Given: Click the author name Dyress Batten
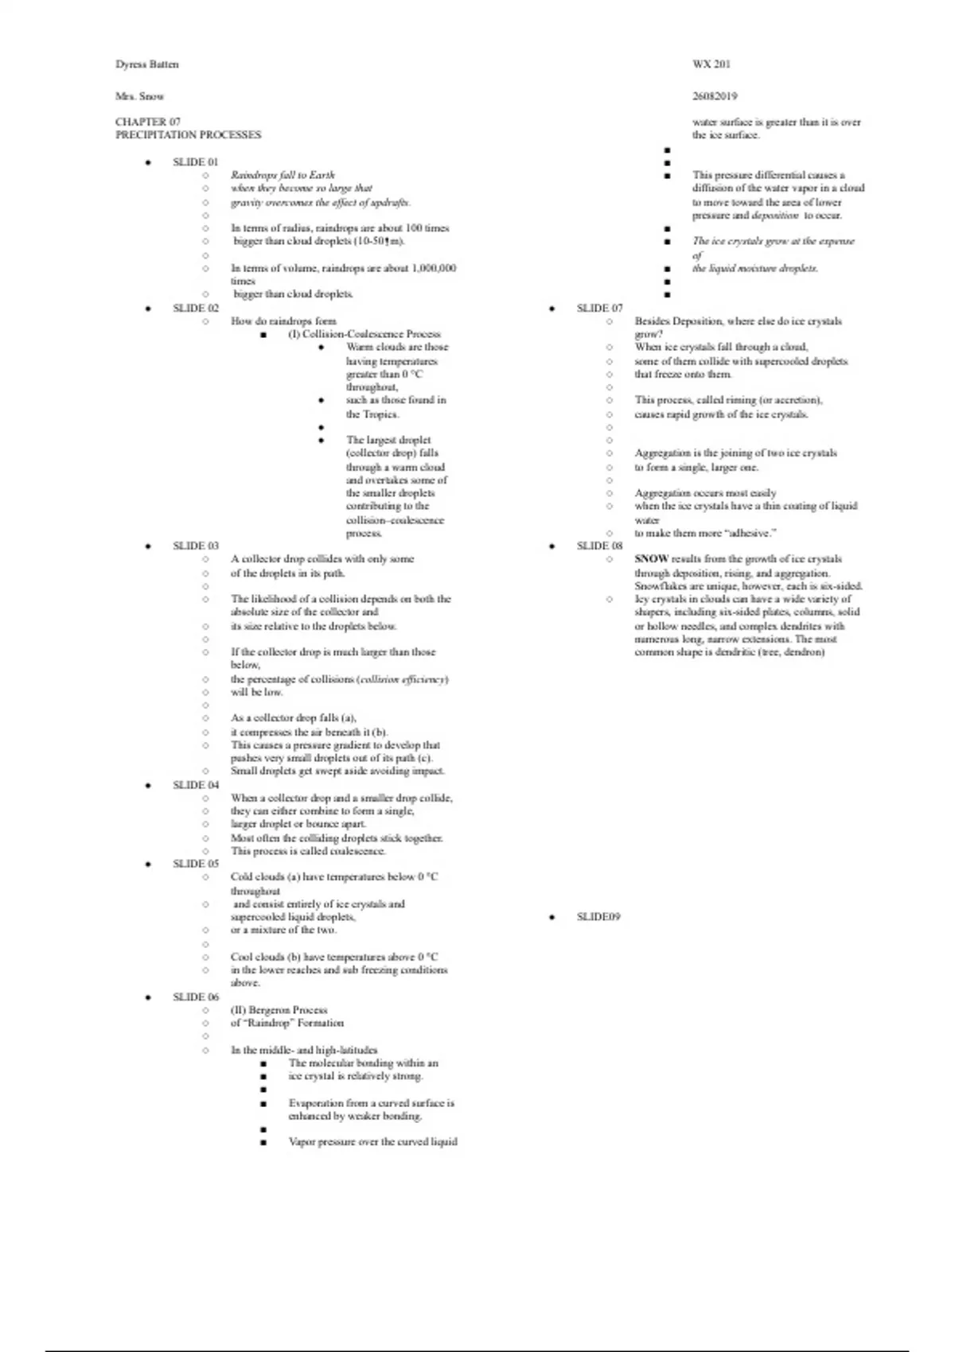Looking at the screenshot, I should pos(147,64).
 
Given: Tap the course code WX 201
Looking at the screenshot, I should pos(711,64).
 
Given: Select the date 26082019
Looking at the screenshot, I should pos(715,96).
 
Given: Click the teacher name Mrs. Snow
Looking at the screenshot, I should pos(139,96).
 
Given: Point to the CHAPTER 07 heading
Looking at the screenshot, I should pos(148,122).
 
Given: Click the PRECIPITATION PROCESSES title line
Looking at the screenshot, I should pos(188,135).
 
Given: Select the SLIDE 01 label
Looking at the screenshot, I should pos(195,162).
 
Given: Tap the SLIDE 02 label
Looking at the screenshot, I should pos(195,309).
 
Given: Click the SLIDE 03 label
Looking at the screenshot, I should pos(195,546).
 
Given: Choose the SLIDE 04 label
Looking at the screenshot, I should pos(195,785).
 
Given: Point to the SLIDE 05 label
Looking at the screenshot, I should pos(195,864).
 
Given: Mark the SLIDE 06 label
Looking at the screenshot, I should pos(195,997).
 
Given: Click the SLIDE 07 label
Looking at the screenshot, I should pos(599,309).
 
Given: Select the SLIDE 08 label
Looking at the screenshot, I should pos(599,546).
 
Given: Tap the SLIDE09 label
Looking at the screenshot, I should pos(598,917).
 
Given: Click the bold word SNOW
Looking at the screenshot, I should pos(651,559).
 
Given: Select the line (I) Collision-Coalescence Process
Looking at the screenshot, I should pos(364,334).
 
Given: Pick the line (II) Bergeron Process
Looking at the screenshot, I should pos(279,1010).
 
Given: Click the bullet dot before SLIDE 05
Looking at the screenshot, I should pos(148,864).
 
